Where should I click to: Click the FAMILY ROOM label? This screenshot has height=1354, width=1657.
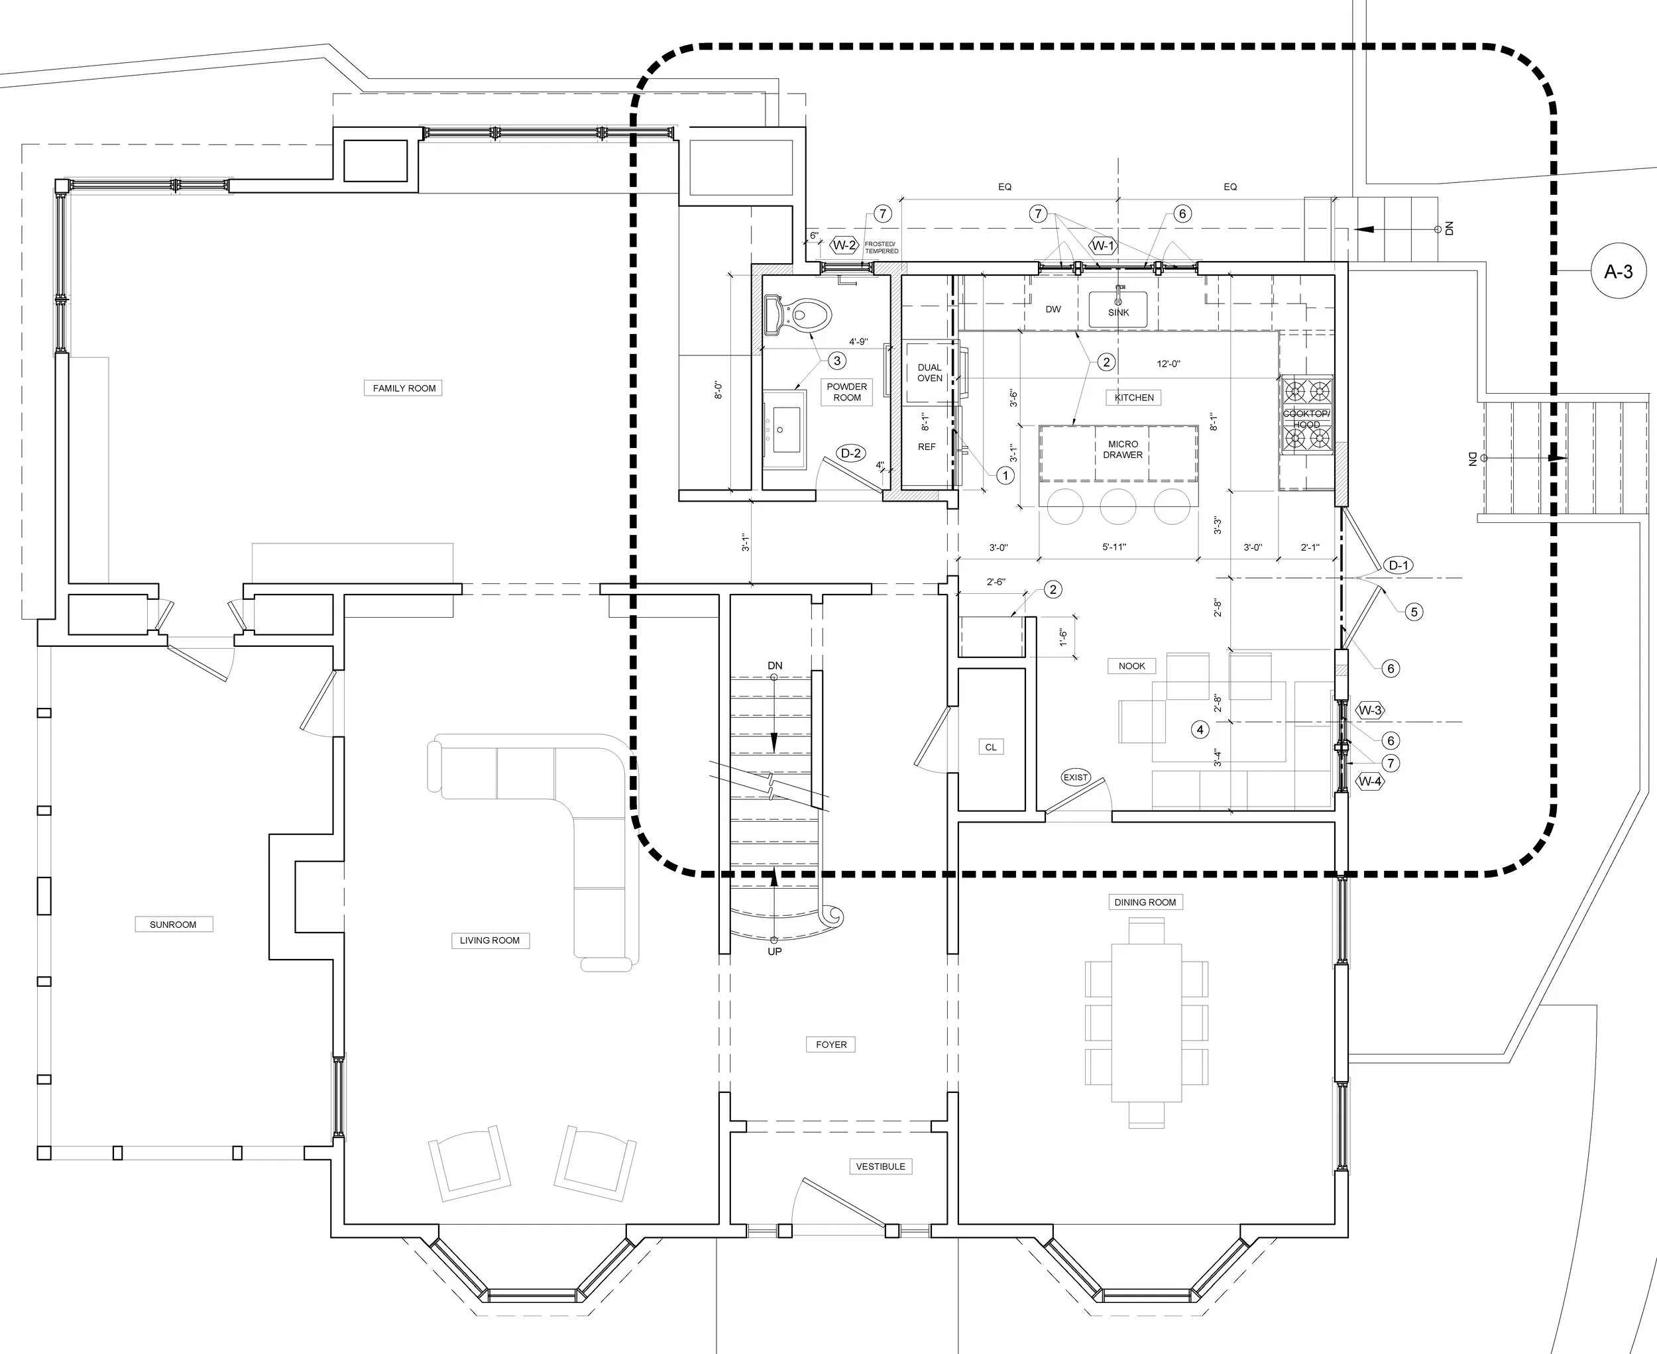pos(404,388)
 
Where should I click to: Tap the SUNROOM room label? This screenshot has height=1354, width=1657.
pos(173,925)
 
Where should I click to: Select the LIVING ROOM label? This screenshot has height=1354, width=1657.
pos(489,940)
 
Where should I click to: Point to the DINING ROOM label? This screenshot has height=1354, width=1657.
pos(1145,901)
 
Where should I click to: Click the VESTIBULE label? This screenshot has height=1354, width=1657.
pos(881,1166)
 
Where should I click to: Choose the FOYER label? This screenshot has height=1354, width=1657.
pos(831,1044)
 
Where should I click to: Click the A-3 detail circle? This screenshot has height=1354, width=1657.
pos(1618,272)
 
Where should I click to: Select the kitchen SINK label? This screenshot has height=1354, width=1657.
pos(1119,312)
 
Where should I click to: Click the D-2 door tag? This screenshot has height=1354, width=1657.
pos(850,453)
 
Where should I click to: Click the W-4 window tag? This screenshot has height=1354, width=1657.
pos(1370,781)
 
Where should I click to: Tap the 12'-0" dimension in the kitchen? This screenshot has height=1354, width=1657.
pos(1168,363)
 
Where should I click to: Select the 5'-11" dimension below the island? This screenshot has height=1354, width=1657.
pos(1114,547)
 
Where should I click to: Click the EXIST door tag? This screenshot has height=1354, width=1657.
pos(1075,777)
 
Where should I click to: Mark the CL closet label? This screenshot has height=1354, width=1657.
pos(991,746)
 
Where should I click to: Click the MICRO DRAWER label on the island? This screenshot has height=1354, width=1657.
pos(1123,449)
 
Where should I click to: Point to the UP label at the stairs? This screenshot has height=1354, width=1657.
pos(775,952)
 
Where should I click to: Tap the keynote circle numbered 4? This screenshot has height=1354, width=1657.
pos(1200,729)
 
